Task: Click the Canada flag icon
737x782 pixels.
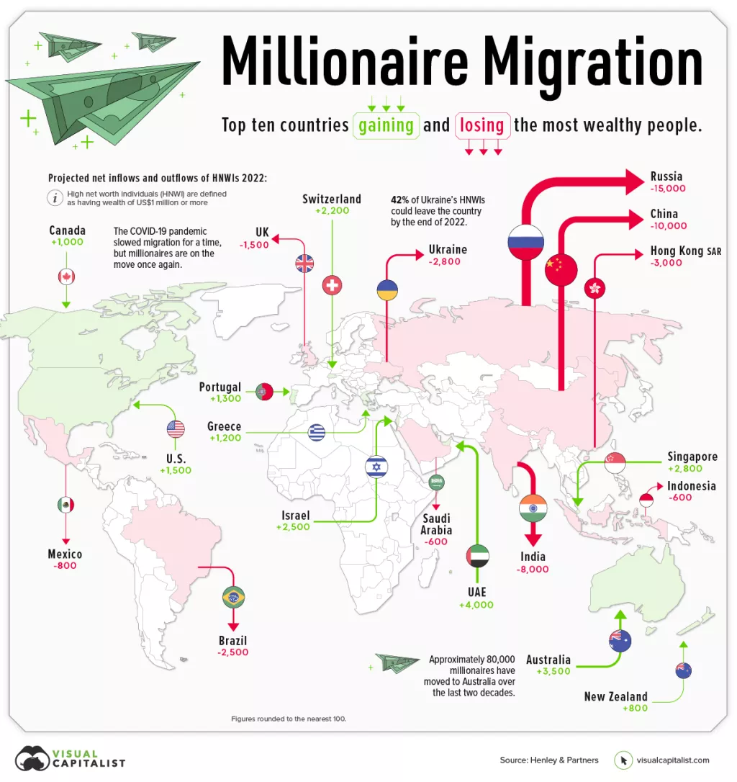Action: pos(66,277)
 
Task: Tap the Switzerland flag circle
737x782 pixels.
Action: pos(332,285)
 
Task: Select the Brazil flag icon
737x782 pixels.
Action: pos(234,596)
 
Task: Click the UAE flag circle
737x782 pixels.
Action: pos(477,554)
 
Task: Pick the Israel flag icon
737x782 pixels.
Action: pos(376,467)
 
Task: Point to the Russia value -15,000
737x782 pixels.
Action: pos(668,189)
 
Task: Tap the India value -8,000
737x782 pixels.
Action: pos(533,569)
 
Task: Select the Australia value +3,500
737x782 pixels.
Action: pos(553,672)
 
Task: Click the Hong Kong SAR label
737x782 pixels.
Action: pos(685,251)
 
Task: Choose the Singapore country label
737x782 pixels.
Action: pos(692,457)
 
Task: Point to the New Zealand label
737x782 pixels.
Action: pos(615,696)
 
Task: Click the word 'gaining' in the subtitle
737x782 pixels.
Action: pos(386,125)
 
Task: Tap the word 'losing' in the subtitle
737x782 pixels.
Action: pos(482,125)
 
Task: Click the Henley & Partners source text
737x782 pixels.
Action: pos(549,760)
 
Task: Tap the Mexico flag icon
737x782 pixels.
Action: pos(65,505)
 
